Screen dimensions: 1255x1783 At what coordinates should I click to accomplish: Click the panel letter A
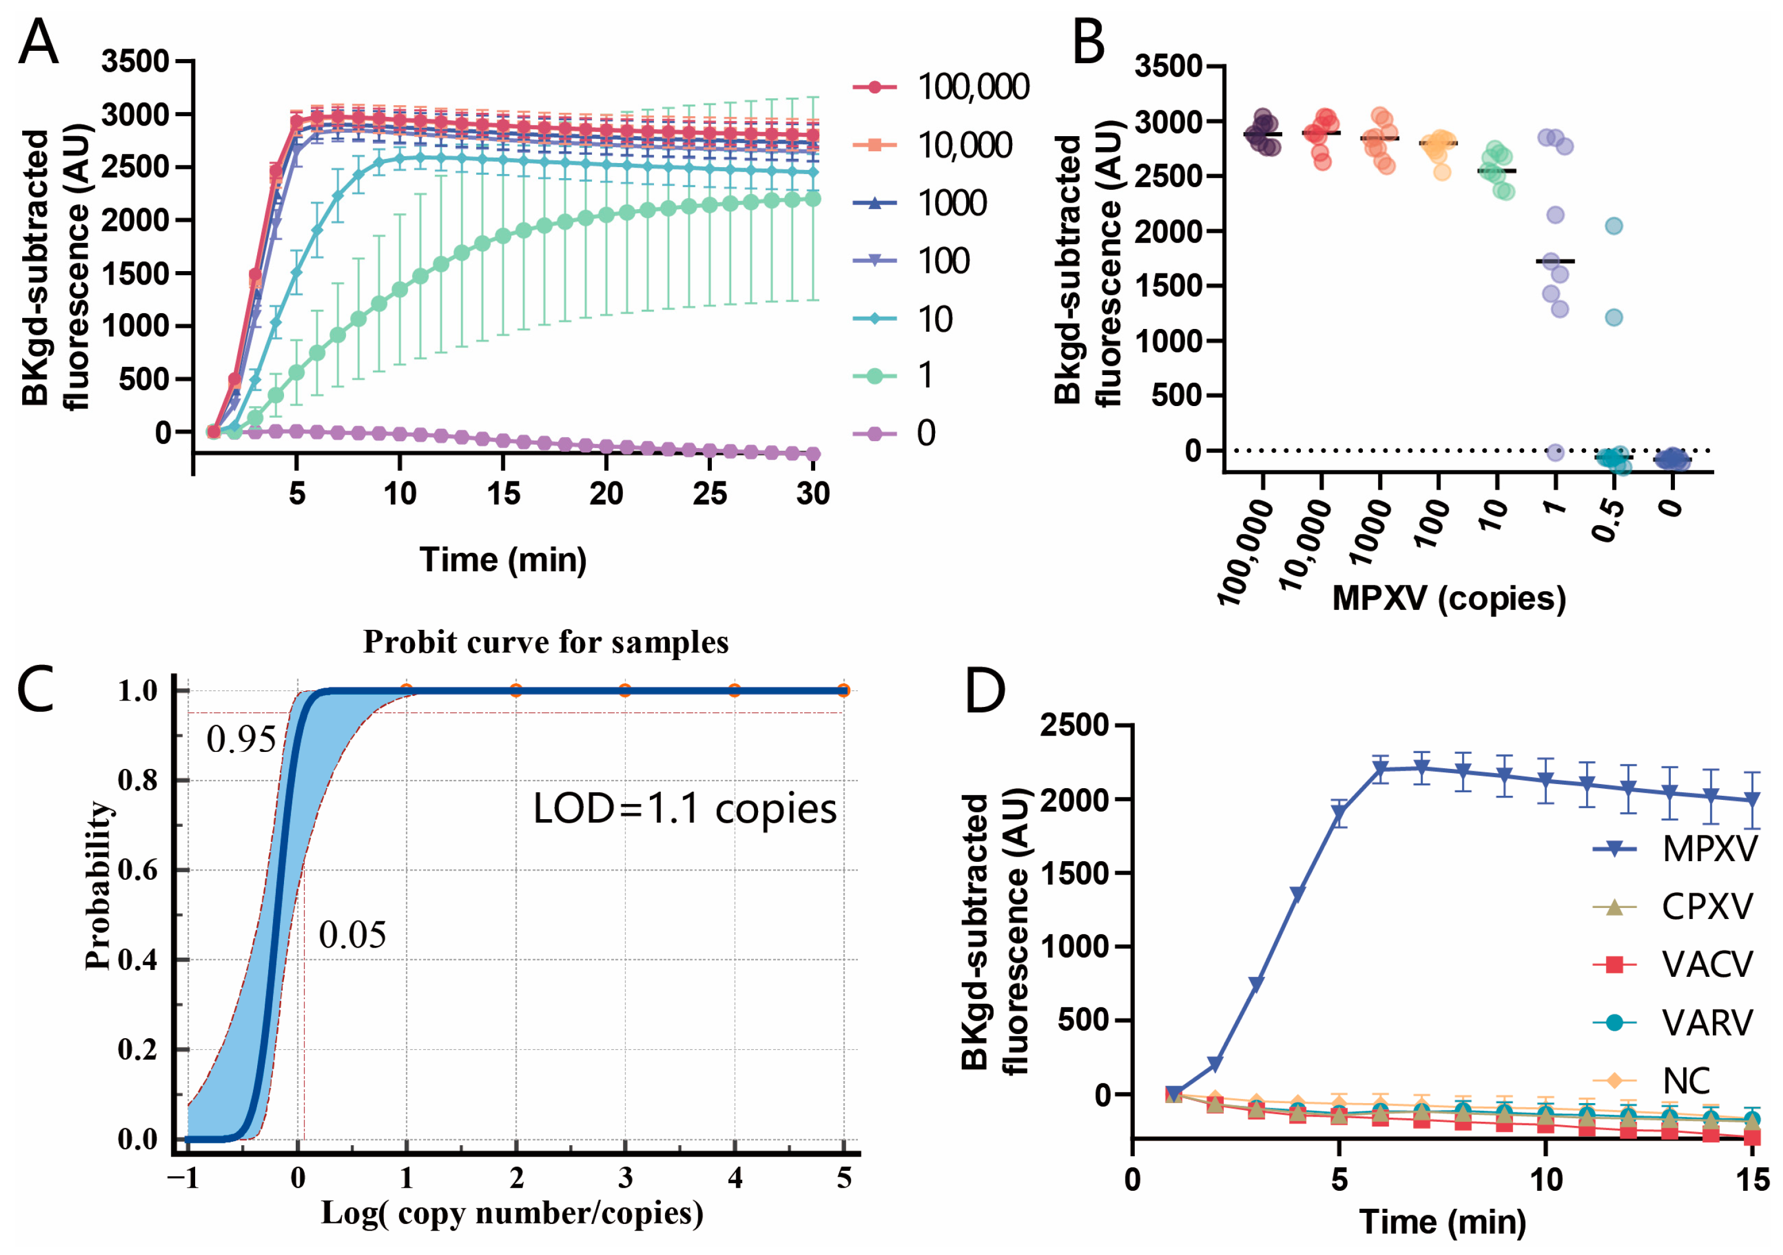point(38,43)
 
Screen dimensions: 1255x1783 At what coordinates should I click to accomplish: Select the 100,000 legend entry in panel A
point(973,87)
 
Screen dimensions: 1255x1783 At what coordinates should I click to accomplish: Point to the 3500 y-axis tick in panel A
point(135,61)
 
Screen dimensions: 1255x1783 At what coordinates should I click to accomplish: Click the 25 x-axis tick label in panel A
point(709,494)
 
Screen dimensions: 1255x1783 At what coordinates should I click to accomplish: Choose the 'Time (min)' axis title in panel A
point(503,559)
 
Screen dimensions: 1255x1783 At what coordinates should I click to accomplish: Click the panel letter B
point(1088,43)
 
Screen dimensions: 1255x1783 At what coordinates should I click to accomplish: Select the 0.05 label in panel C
point(352,935)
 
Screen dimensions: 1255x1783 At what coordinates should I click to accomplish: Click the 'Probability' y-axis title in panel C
point(99,885)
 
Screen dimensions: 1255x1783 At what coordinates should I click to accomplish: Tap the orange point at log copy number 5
point(843,691)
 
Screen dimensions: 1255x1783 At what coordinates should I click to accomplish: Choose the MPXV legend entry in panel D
point(1708,849)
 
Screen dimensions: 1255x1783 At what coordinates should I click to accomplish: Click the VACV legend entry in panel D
point(1707,965)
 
